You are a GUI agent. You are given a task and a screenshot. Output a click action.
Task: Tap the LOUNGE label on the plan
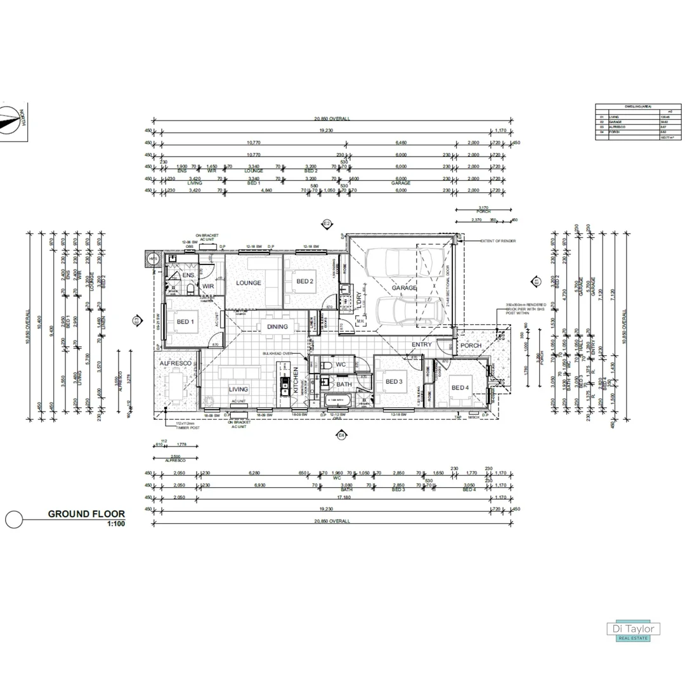pyautogui.click(x=249, y=283)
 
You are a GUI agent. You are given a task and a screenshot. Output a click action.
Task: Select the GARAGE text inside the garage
pyautogui.click(x=404, y=288)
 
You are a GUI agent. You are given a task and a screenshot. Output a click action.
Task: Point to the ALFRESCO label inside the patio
pyautogui.click(x=176, y=363)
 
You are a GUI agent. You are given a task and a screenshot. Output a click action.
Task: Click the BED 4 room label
pyautogui.click(x=460, y=388)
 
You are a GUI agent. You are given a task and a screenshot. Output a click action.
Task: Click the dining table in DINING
pyautogui.click(x=277, y=327)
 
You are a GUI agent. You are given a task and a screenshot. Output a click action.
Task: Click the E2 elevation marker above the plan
pyautogui.click(x=327, y=224)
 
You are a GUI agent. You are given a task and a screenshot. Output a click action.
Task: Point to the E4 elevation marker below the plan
pyautogui.click(x=341, y=435)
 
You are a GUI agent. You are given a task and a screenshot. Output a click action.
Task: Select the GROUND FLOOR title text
pyautogui.click(x=86, y=514)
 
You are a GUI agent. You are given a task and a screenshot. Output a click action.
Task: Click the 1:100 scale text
pyautogui.click(x=116, y=525)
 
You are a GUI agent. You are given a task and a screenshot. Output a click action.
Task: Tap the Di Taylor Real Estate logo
pyautogui.click(x=634, y=631)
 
